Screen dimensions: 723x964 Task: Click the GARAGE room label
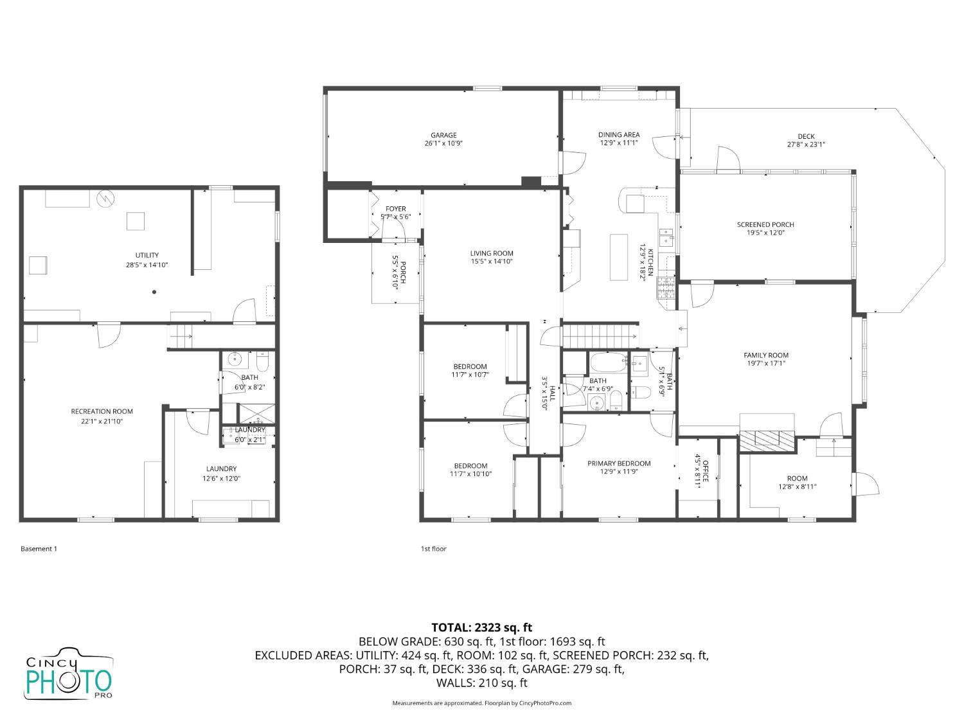(x=443, y=135)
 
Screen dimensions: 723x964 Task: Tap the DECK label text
(x=806, y=136)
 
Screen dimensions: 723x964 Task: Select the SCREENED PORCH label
(x=765, y=224)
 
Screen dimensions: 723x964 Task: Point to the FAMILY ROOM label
(x=766, y=355)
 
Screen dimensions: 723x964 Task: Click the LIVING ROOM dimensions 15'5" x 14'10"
(x=492, y=262)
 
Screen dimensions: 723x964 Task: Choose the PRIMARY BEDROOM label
(x=619, y=463)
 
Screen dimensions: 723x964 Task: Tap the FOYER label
(x=395, y=209)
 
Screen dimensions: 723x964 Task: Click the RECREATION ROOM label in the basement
(x=102, y=411)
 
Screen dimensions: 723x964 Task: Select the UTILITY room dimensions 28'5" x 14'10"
(x=147, y=265)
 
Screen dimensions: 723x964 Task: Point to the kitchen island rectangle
(x=618, y=257)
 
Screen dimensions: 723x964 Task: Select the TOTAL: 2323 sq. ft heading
(x=481, y=627)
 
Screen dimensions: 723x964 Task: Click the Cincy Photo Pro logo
(x=68, y=674)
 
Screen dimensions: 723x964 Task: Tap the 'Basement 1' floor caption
(x=39, y=549)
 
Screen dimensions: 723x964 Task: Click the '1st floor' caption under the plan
(x=433, y=549)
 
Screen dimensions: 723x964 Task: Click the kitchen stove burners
(x=666, y=289)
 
